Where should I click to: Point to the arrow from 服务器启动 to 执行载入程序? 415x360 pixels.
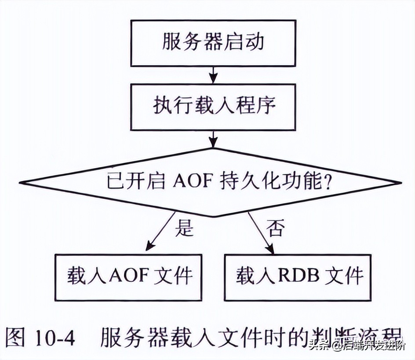point(213,74)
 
